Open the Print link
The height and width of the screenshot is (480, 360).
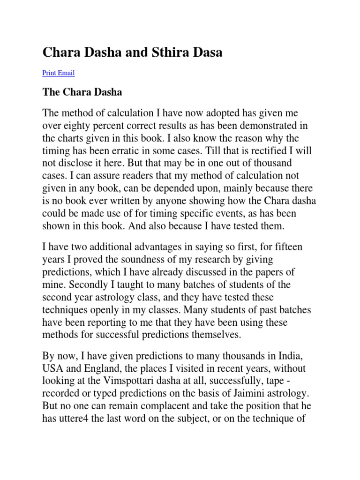click(49, 73)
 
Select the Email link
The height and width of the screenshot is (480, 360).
click(66, 73)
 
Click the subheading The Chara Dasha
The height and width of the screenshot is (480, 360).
click(82, 92)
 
